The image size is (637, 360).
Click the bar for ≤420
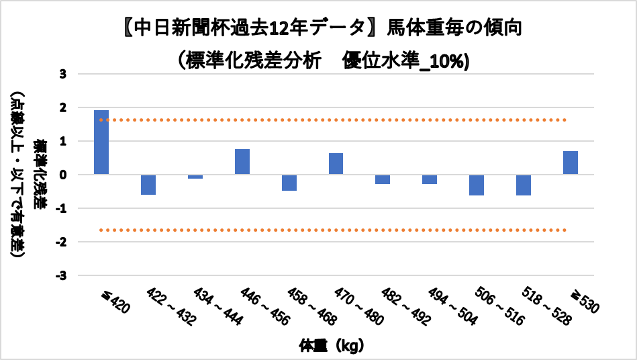click(101, 142)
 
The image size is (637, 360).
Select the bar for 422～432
click(148, 185)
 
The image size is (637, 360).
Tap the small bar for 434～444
click(195, 177)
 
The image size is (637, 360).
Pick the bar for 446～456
click(242, 162)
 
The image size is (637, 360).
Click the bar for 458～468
click(289, 183)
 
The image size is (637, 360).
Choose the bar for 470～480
click(336, 164)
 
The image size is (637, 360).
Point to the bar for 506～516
click(477, 185)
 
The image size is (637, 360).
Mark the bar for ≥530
click(571, 163)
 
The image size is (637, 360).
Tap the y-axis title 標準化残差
click(42, 175)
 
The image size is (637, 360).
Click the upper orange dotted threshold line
click(336, 120)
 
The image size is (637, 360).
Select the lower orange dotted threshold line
click(336, 230)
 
